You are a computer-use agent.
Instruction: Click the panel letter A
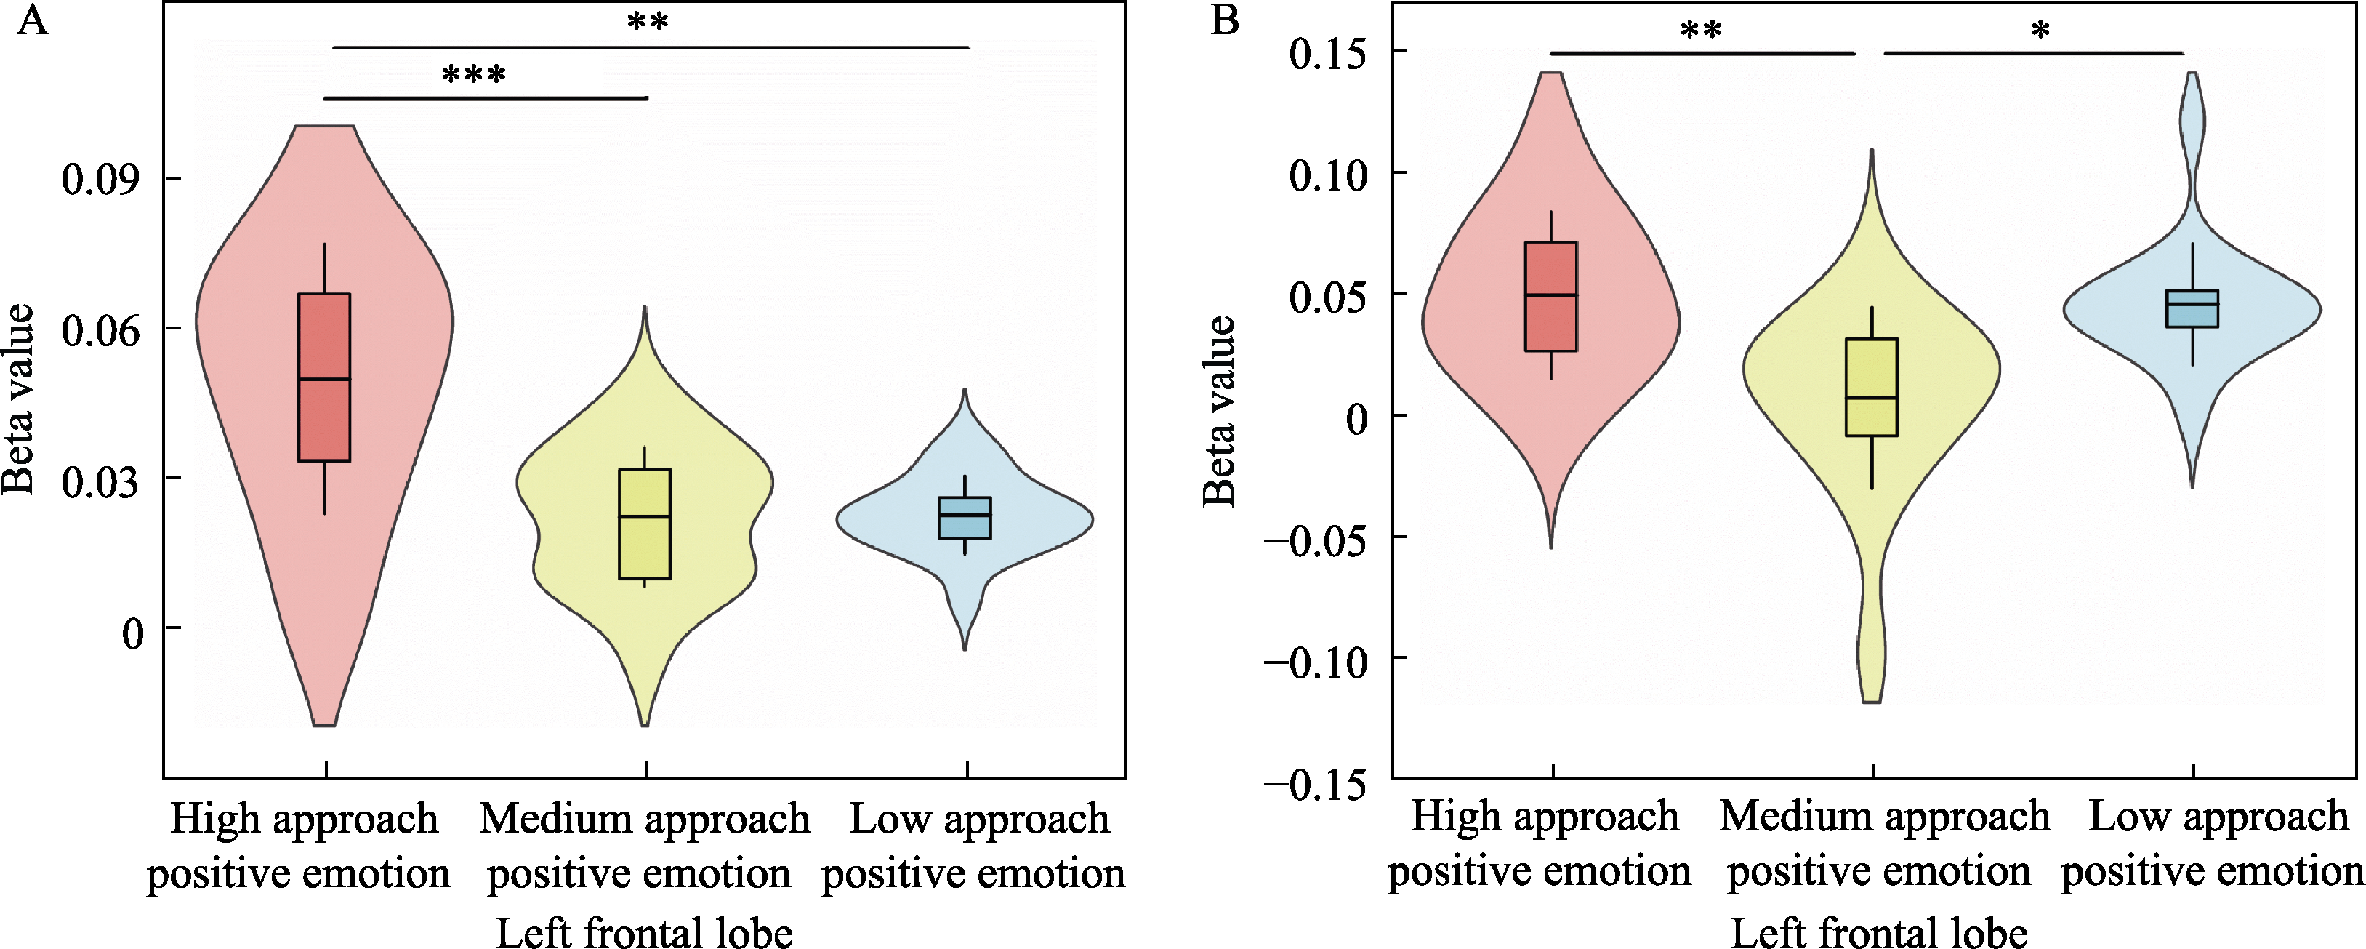click(x=33, y=20)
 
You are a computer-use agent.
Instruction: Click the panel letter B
click(x=1226, y=20)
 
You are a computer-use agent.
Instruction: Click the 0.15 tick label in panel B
click(x=1327, y=53)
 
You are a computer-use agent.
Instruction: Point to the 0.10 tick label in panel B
click(x=1327, y=175)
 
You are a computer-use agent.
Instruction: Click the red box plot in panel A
click(x=324, y=377)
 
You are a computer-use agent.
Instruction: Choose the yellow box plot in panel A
click(x=645, y=524)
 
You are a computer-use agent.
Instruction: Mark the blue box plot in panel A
click(x=965, y=517)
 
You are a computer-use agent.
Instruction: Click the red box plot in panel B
click(x=1550, y=296)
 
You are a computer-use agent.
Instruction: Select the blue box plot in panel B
click(x=2192, y=308)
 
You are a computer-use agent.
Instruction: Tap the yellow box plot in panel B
click(x=1871, y=387)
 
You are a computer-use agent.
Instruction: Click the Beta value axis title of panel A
click(x=18, y=400)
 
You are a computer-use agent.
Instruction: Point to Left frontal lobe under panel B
click(x=1879, y=932)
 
